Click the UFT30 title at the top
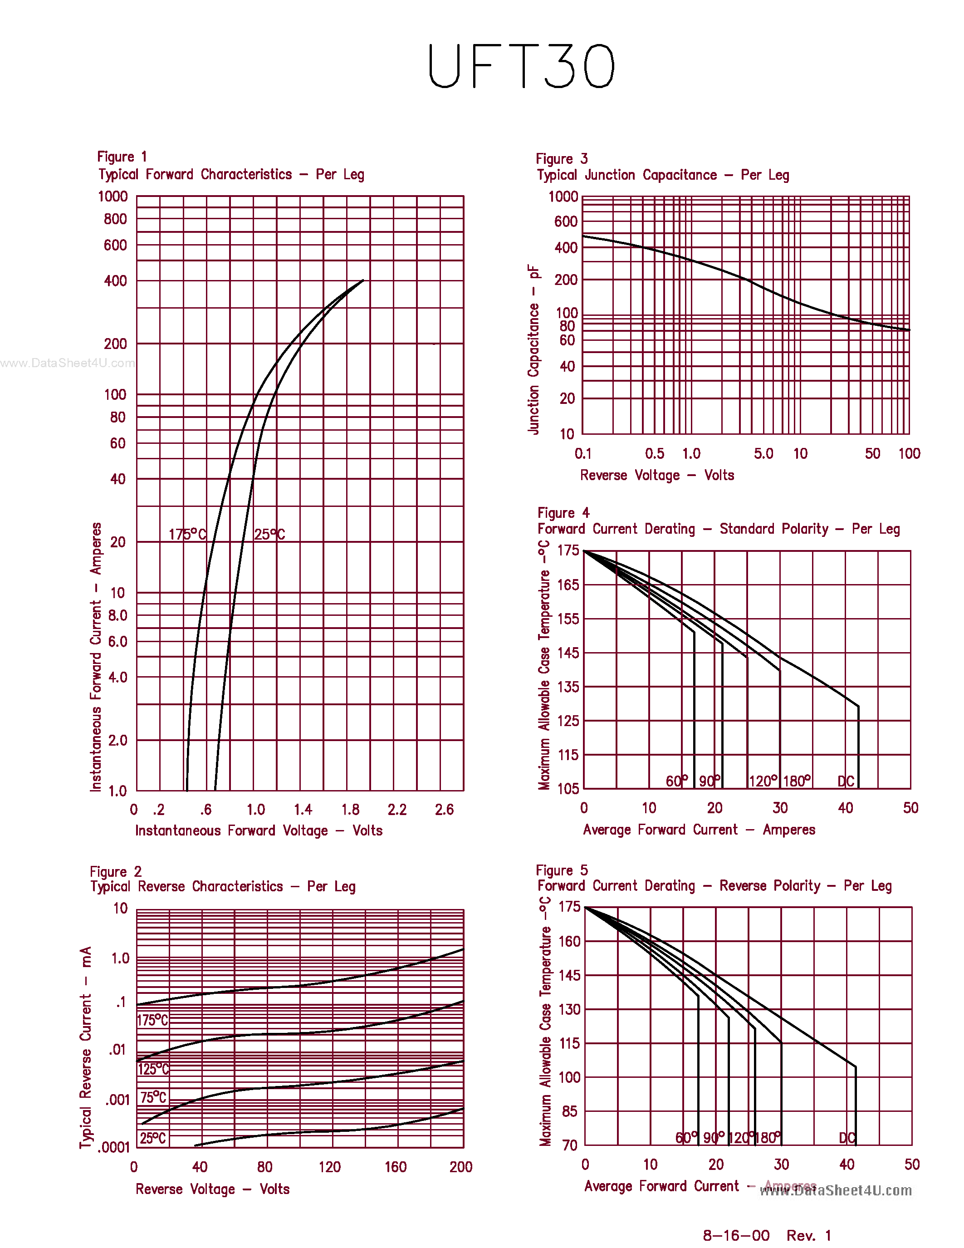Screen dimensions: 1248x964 click(521, 66)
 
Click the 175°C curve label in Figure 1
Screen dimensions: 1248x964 click(187, 534)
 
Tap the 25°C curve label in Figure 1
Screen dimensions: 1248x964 click(269, 534)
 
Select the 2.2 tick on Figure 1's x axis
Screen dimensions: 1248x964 click(397, 810)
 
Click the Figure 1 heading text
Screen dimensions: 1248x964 click(122, 157)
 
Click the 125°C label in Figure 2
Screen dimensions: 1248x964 click(153, 1069)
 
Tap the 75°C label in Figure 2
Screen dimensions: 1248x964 click(153, 1097)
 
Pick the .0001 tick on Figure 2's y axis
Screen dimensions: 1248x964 click(114, 1147)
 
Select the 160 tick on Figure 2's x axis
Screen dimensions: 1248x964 click(395, 1167)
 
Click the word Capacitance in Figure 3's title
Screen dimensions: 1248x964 click(680, 176)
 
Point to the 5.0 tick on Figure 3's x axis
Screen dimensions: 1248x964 click(763, 454)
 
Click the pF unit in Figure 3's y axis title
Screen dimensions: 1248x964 click(533, 271)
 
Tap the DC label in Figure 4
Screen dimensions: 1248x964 click(846, 781)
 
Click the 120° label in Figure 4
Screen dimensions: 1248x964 click(763, 781)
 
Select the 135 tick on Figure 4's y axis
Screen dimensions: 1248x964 click(568, 687)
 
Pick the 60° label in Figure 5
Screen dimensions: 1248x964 click(686, 1138)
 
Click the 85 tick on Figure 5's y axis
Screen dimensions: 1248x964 click(569, 1111)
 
